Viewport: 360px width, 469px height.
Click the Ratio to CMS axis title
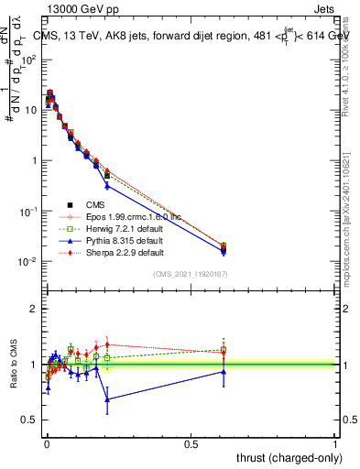(x=12, y=365)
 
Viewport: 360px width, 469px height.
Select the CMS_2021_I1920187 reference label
(x=191, y=274)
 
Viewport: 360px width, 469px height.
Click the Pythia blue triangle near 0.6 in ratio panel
(x=224, y=371)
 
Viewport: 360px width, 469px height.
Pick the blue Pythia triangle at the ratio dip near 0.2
(x=107, y=399)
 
